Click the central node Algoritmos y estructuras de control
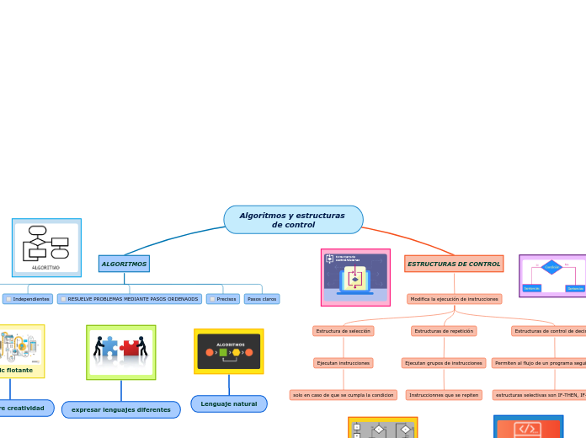293,220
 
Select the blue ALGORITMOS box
124,264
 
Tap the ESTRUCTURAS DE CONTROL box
454,264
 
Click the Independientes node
28,299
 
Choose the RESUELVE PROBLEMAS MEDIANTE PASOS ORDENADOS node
130,299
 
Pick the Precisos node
223,299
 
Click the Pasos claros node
262,299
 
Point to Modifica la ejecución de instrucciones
455,299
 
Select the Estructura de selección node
344,331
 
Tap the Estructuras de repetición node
444,331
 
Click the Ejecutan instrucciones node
344,363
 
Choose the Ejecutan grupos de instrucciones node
444,363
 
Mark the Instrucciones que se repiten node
444,395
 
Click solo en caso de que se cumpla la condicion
344,395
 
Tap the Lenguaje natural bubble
229,403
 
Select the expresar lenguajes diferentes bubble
121,410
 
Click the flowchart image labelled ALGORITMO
46,247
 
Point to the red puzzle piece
131,348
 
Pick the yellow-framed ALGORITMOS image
229,351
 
